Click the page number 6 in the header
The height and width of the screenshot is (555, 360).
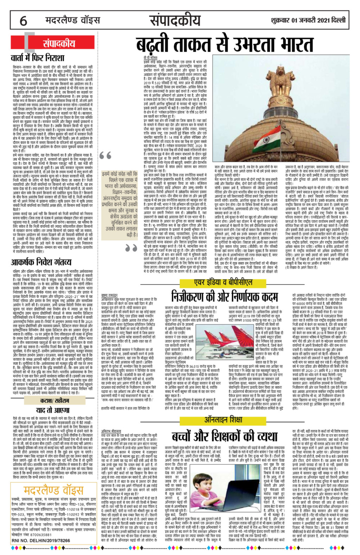coord(23,21)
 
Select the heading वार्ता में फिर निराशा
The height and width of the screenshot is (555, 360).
coord(38,57)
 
